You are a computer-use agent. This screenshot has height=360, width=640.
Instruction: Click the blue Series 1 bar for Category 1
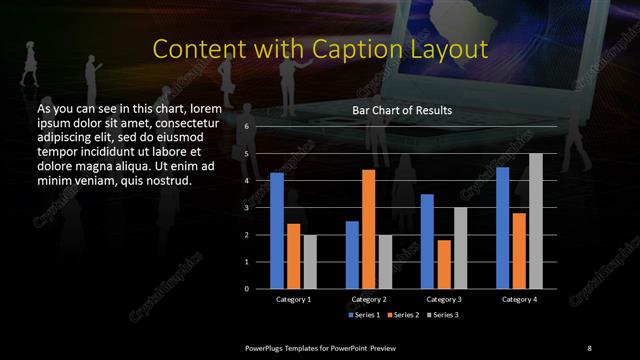277,230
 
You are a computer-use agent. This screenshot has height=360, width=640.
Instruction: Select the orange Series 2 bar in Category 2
369,229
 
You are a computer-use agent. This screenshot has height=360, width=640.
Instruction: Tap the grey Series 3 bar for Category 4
536,221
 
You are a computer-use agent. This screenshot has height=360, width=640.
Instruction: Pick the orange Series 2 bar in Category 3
444,264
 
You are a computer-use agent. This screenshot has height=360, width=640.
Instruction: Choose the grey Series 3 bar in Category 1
310,261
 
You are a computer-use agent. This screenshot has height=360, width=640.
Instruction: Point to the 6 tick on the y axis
246,127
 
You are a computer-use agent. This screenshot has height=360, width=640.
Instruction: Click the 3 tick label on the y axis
246,208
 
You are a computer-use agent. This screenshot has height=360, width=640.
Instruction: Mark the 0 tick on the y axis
246,289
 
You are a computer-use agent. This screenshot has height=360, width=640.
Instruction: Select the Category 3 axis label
444,299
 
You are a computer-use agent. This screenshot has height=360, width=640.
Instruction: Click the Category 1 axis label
293,299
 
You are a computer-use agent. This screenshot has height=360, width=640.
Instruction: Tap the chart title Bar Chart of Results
403,110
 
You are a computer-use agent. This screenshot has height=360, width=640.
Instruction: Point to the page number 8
589,346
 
